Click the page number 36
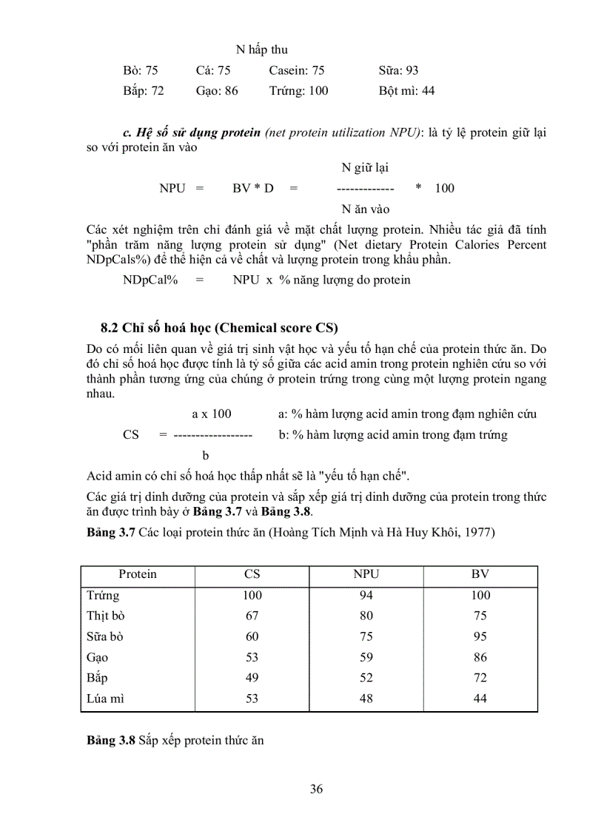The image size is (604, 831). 316,789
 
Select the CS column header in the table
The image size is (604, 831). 252,574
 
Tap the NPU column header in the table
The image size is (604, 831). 366,574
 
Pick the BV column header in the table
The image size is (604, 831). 480,574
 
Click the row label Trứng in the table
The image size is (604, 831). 102,595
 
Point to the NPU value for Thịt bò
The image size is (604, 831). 366,616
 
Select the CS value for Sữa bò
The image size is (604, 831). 252,636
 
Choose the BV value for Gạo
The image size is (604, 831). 480,656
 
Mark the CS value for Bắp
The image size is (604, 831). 252,677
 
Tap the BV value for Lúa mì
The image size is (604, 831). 480,698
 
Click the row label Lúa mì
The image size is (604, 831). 105,698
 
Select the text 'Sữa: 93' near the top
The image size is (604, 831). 398,70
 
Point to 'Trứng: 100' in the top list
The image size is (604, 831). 299,91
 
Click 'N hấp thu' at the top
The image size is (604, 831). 261,50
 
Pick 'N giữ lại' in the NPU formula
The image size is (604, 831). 365,167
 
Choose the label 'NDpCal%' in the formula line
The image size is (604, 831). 150,280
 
